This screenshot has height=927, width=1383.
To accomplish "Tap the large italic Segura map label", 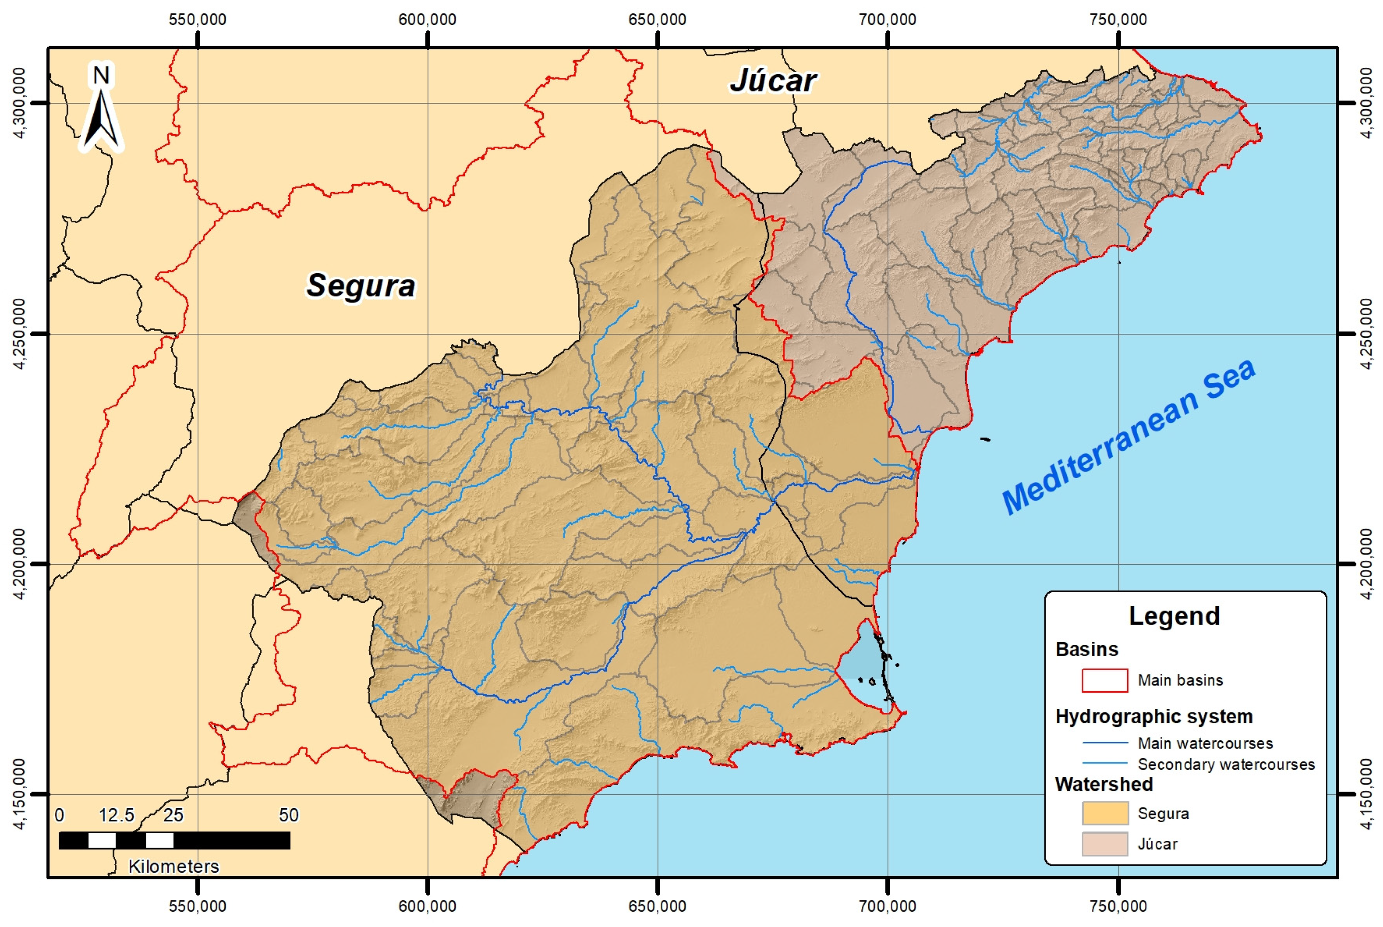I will point(361,286).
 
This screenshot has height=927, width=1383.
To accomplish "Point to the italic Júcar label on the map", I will point(773,81).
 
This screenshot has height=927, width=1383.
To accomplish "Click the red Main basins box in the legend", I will point(1104,680).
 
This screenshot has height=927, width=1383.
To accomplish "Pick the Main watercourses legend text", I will point(1205,743).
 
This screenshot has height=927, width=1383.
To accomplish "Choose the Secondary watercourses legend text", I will point(1226,764).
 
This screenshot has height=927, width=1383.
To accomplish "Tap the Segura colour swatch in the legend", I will point(1104,813).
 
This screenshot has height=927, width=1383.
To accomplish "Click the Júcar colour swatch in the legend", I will point(1104,844).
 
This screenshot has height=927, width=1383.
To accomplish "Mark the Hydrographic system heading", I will point(1153,716).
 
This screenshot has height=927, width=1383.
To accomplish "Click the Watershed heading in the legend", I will point(1104,784).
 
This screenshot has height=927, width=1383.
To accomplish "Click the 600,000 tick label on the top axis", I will point(427,20).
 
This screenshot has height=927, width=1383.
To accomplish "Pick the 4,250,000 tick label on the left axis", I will point(20,333).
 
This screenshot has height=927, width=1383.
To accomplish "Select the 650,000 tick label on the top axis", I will point(657,20).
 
